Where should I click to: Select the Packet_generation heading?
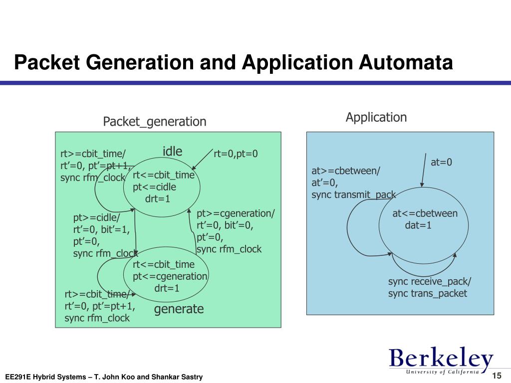[154, 122]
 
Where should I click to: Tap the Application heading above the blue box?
[376, 118]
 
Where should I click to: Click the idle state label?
[173, 152]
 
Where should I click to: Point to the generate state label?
[179, 309]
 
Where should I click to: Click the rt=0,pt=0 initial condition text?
[236, 154]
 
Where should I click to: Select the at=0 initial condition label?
[441, 162]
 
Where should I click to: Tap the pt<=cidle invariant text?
[154, 187]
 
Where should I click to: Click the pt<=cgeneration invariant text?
[170, 276]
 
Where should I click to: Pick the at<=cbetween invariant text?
[425, 213]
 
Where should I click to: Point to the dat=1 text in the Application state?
[418, 225]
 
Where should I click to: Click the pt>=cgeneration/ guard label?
[236, 213]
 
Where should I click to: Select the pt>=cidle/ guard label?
[97, 218]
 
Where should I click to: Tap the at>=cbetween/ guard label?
[346, 171]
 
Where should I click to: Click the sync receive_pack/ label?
[430, 282]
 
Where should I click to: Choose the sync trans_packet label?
[428, 293]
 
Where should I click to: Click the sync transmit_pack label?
[353, 194]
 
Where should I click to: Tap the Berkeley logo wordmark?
[441, 359]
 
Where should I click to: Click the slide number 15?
[496, 376]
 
